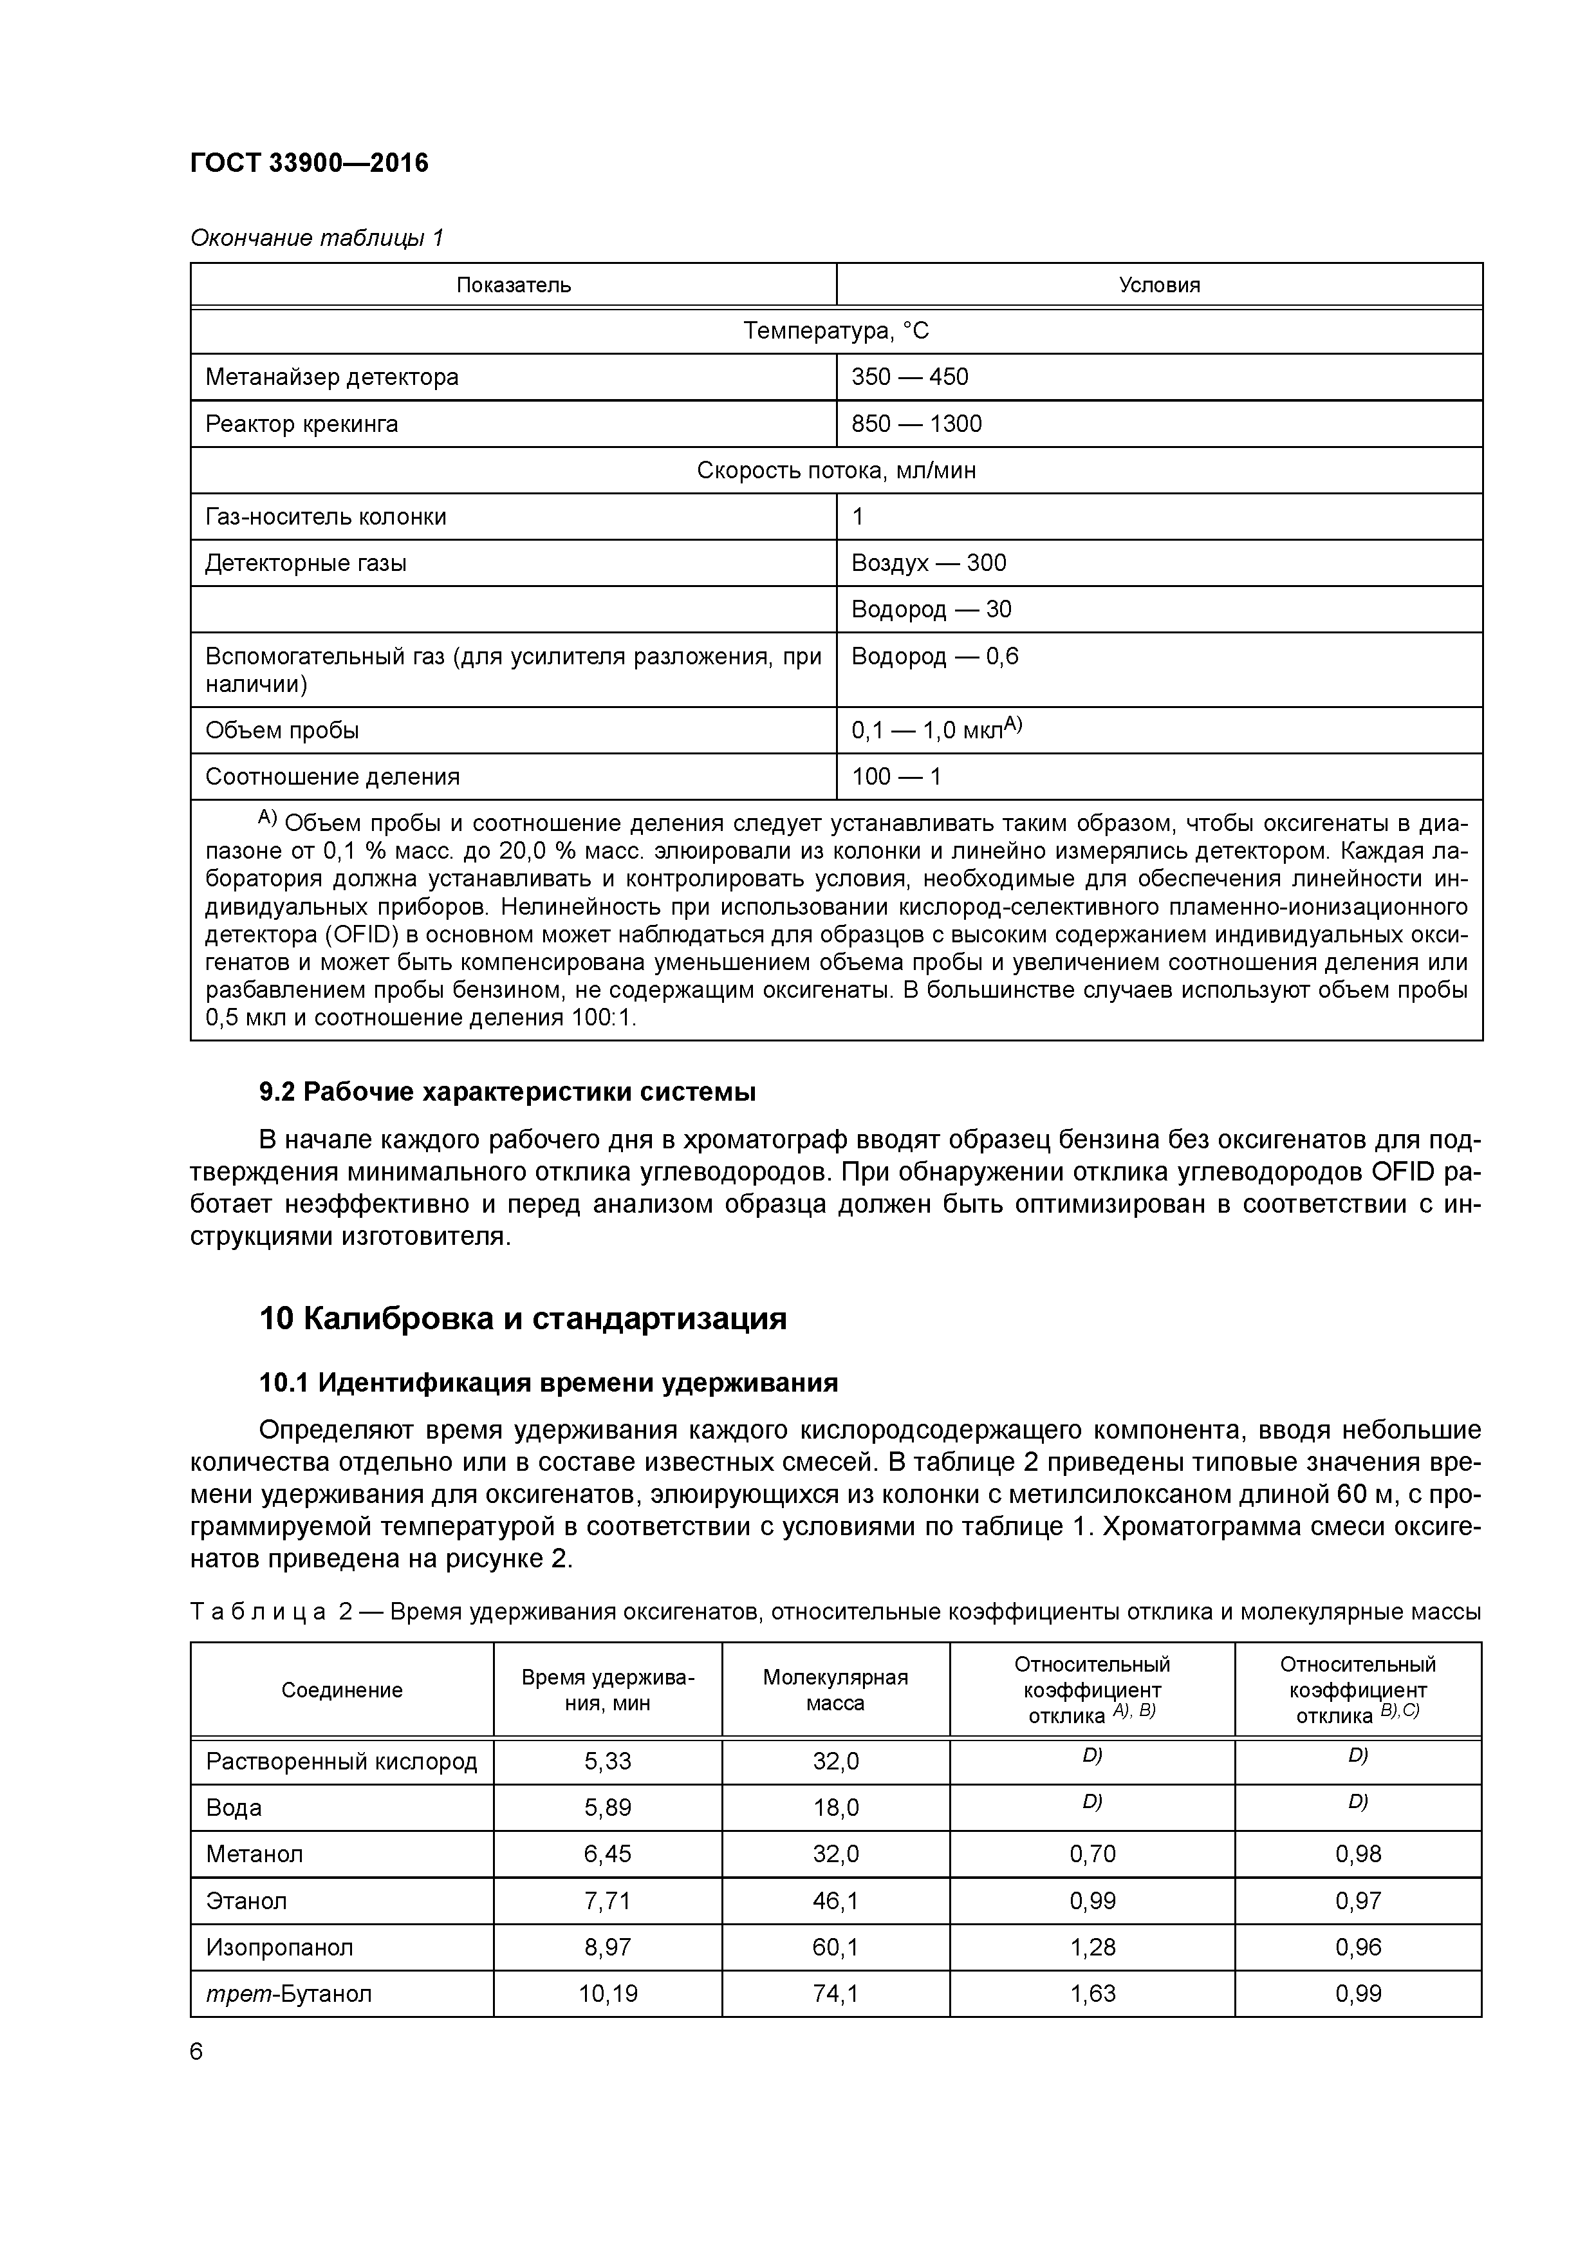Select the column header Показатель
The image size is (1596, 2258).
pos(514,285)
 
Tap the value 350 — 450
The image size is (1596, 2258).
pos(909,377)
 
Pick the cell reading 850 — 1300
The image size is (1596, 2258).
pos(916,424)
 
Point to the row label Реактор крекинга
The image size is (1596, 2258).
pos(302,424)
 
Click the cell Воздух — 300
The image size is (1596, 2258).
pos(928,563)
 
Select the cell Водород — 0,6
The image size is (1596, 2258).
pos(934,656)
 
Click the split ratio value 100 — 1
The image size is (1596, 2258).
pos(896,777)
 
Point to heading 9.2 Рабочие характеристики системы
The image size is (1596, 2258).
pos(506,1092)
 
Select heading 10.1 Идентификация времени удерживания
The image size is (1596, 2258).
pos(548,1383)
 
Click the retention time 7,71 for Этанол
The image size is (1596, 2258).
pos(607,1901)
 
